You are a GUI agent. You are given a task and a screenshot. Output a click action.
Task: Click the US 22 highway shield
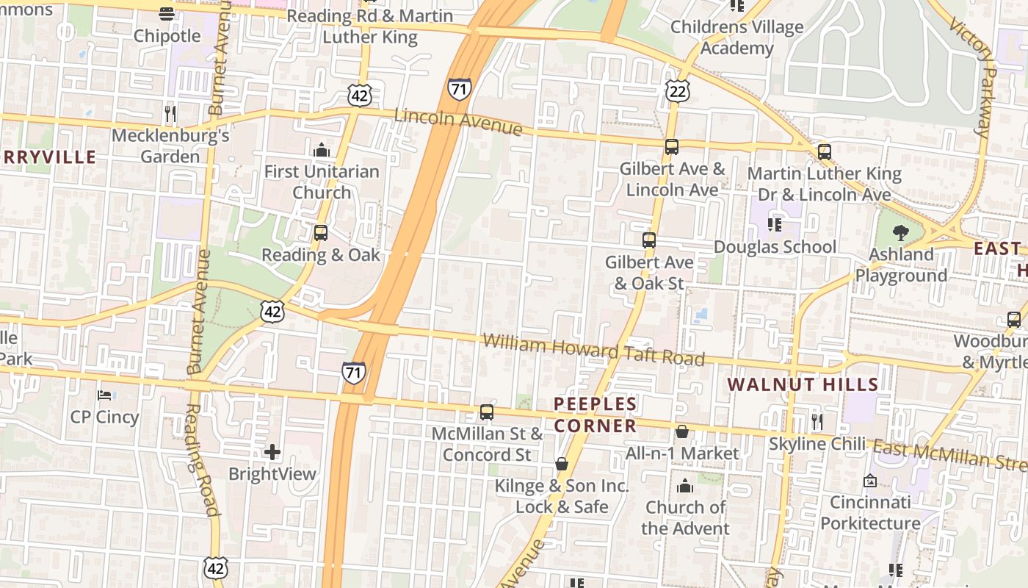point(678,91)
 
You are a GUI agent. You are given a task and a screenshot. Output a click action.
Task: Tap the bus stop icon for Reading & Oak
point(321,233)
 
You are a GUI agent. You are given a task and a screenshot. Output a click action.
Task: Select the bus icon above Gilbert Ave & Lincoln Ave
point(672,147)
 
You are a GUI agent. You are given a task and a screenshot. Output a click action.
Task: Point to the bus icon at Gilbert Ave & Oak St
point(649,240)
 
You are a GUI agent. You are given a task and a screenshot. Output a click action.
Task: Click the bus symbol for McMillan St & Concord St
point(487,412)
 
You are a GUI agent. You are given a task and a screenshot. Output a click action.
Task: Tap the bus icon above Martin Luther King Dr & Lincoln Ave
point(825,152)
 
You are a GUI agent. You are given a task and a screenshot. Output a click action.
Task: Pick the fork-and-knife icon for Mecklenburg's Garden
point(170,114)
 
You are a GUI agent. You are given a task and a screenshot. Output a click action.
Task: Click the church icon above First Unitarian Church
point(322,151)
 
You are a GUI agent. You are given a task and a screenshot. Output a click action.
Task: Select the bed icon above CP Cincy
point(104,395)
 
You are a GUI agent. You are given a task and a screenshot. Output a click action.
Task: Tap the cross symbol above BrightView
point(272,452)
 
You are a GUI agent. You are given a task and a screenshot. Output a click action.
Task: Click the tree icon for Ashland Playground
point(901,233)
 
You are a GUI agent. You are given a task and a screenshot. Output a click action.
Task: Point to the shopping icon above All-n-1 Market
point(682,431)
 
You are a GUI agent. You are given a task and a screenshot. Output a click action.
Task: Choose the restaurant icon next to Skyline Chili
point(817,422)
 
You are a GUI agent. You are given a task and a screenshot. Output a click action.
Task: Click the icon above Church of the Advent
point(685,486)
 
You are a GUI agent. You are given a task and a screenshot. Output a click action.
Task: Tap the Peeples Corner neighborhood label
point(595,415)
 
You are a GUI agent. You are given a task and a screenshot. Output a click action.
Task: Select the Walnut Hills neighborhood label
point(803,384)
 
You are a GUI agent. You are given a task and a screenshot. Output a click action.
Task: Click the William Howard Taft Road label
point(593,350)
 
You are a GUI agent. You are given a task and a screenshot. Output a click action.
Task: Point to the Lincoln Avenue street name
point(458,122)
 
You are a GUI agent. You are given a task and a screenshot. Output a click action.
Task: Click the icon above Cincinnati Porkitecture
point(870,481)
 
